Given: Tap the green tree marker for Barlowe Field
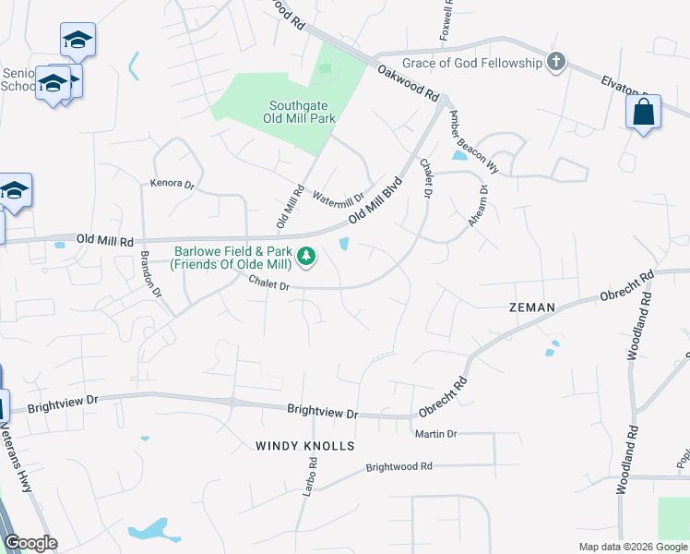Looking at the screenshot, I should point(306,256).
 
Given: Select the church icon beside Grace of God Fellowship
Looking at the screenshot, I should point(555,63).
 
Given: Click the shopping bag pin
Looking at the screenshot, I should point(643,114).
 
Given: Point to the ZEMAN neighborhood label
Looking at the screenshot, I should point(531,307).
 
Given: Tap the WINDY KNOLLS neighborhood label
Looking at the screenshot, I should point(305,446).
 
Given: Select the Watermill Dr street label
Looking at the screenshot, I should point(338,198).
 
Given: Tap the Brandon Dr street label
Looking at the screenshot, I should point(150,273).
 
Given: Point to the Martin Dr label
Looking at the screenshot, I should point(436,434).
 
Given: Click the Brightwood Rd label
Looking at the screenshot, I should point(399,467).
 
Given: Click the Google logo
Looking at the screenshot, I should point(30,543).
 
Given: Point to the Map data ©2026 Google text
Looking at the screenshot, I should point(632,547).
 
